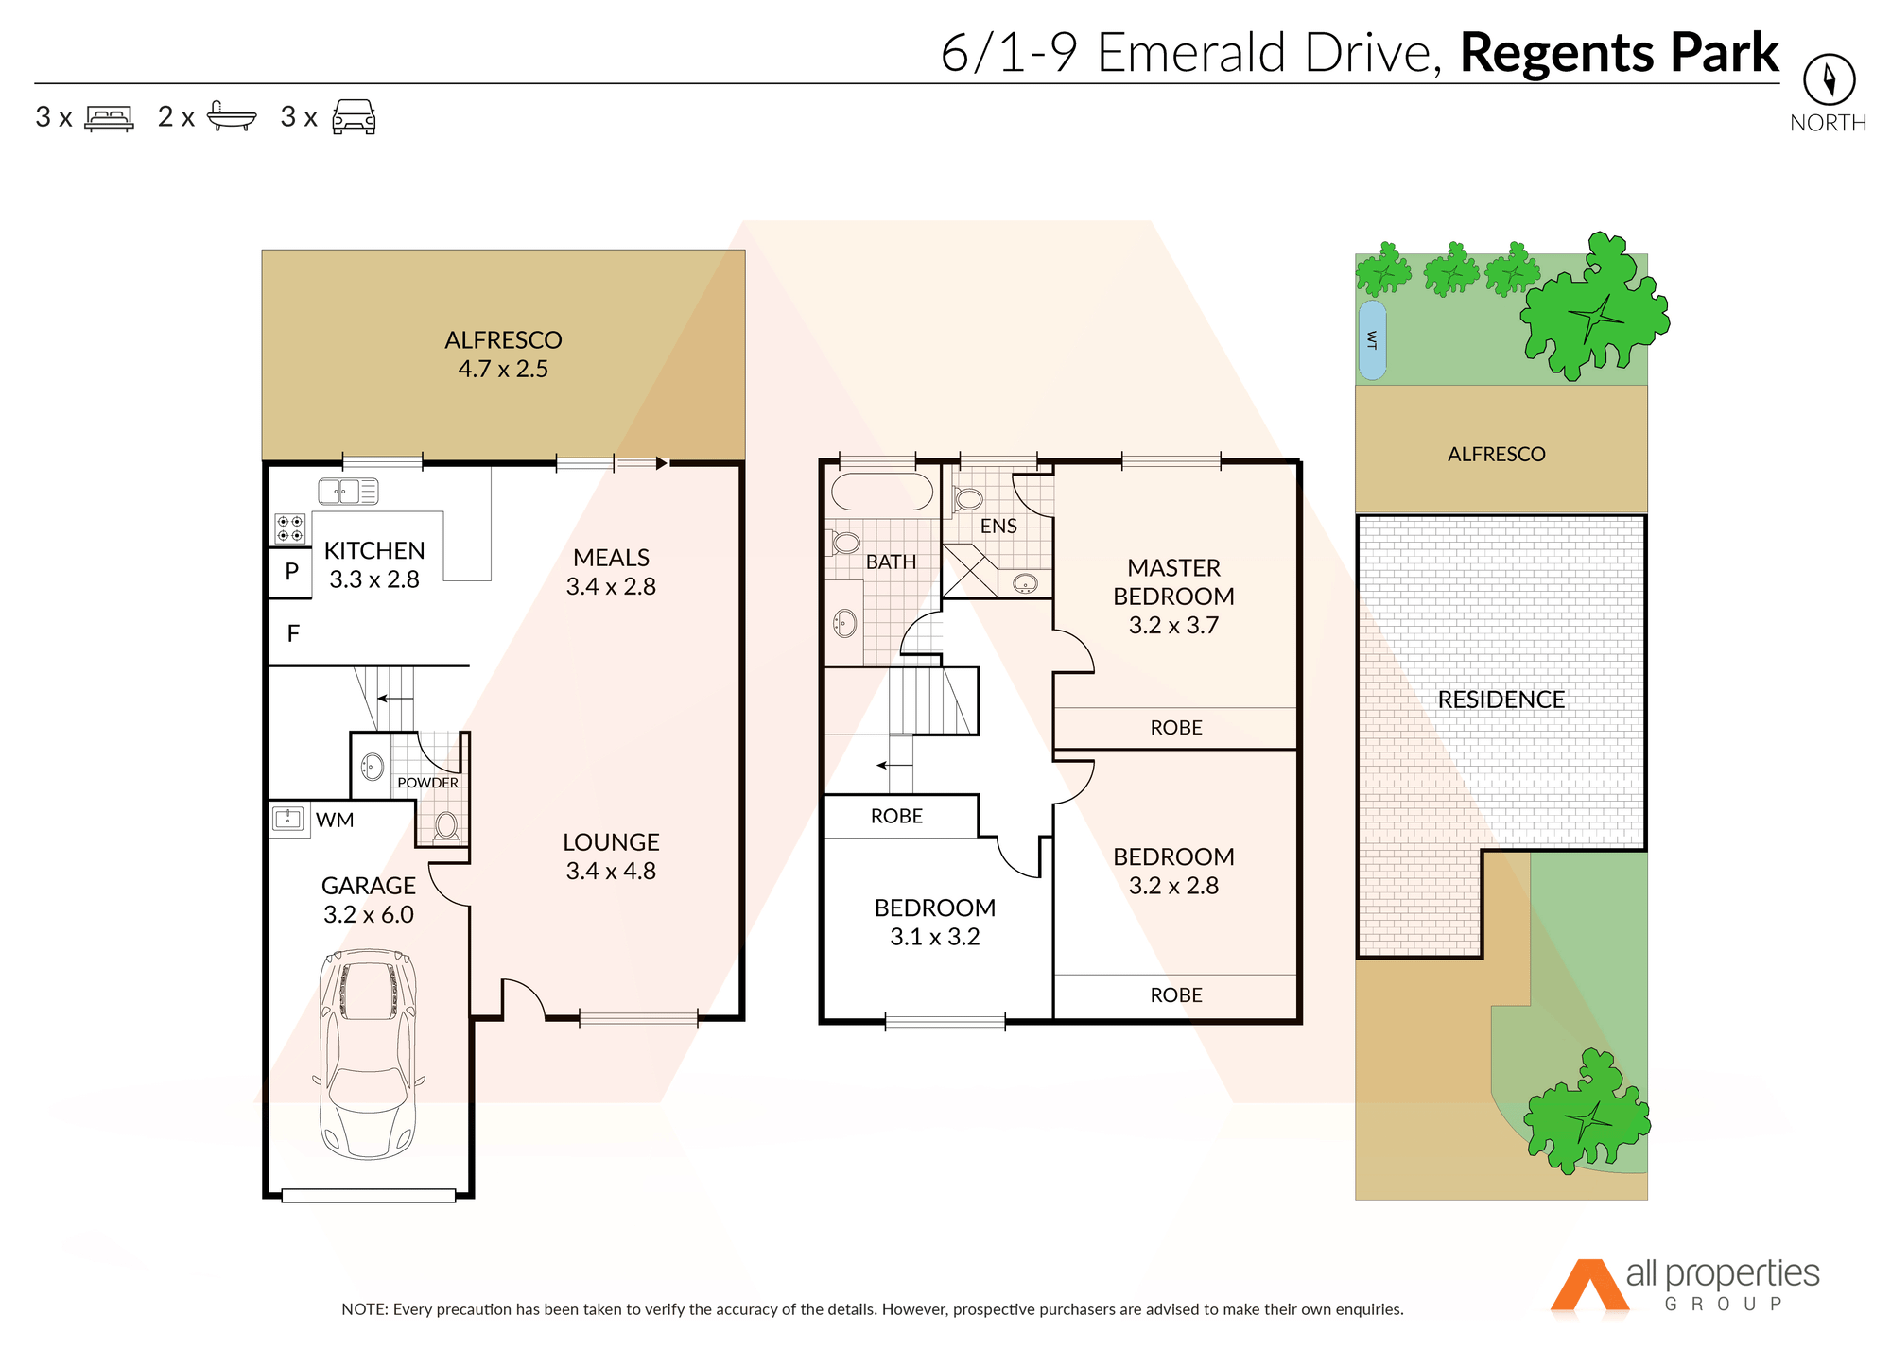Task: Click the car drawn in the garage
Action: (x=369, y=1054)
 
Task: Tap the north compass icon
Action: (x=1829, y=79)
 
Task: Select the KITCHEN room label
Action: (x=374, y=550)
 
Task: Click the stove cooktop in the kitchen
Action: (x=290, y=528)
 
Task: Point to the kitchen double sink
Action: (x=348, y=492)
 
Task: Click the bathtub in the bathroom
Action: (x=882, y=493)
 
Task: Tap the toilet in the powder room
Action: (x=446, y=827)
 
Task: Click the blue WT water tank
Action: (x=1372, y=340)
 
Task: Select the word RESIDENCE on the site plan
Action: (x=1501, y=700)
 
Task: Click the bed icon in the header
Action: (x=110, y=117)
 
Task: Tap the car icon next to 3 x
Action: (x=354, y=116)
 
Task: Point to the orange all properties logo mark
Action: (x=1590, y=1285)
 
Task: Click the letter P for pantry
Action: (x=292, y=571)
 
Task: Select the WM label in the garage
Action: (x=335, y=820)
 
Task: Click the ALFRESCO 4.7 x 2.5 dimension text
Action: (x=503, y=369)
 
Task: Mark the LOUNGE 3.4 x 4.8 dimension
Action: (x=611, y=871)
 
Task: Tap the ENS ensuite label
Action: (x=998, y=527)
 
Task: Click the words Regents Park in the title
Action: (x=1620, y=53)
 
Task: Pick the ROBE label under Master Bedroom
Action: (x=1176, y=728)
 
